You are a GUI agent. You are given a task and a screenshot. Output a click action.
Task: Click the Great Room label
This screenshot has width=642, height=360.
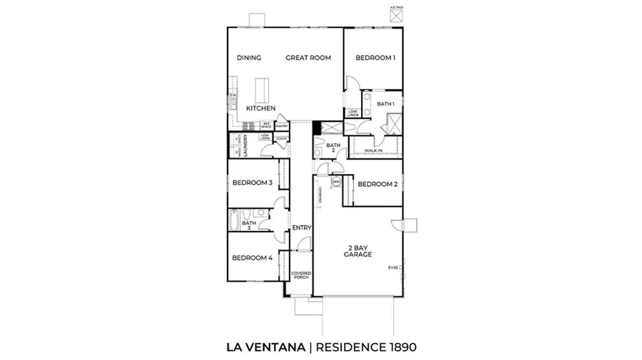[x=308, y=58]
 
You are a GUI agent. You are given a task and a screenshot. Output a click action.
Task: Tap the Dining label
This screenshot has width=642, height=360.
[x=249, y=58]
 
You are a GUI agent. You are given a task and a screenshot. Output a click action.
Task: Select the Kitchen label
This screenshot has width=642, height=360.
[x=261, y=108]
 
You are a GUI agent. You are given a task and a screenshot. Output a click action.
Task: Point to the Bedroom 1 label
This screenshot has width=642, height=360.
[x=376, y=58]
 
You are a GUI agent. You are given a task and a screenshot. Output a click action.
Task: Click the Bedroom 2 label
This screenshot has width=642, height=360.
[x=377, y=184]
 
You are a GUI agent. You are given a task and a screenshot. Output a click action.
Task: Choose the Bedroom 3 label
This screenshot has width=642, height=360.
[x=253, y=182]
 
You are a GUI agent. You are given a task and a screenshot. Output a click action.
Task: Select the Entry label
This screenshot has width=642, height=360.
[x=302, y=228]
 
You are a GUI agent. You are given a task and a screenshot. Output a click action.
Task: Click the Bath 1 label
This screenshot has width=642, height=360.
[x=386, y=104]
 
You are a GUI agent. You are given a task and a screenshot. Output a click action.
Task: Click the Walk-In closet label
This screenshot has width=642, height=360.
[x=372, y=151]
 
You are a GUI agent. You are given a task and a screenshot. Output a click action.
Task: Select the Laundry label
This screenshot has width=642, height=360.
[x=244, y=146]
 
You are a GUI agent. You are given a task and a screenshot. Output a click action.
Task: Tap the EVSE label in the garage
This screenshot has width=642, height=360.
[x=393, y=268]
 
